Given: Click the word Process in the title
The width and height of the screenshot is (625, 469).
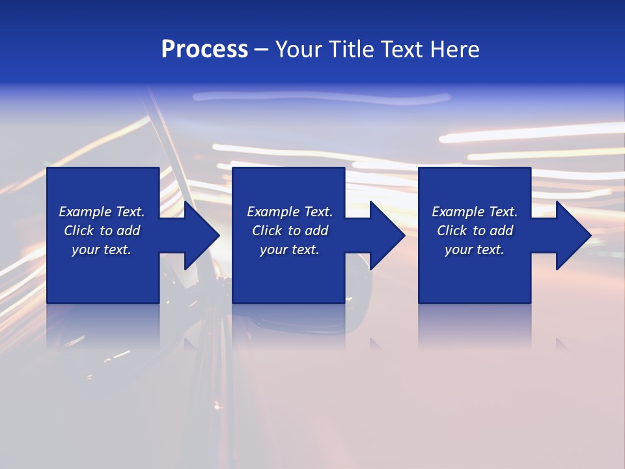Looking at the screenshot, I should (x=204, y=50).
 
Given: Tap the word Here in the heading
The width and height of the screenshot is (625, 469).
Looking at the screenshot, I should (x=455, y=50).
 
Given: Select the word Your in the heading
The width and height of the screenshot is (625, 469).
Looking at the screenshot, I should (x=299, y=50).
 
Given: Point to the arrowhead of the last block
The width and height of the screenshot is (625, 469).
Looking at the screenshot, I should (x=572, y=235).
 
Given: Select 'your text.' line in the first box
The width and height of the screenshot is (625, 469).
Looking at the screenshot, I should (x=102, y=249).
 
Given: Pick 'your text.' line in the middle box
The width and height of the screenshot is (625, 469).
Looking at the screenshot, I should (x=290, y=249).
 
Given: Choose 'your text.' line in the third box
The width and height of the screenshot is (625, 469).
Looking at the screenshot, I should (x=475, y=249).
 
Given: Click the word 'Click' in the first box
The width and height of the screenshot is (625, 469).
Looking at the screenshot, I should (x=79, y=231).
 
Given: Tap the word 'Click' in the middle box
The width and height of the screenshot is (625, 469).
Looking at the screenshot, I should (x=267, y=231).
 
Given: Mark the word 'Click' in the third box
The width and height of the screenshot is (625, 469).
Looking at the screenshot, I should (x=452, y=231).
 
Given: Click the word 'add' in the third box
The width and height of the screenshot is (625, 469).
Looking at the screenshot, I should (x=501, y=231).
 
